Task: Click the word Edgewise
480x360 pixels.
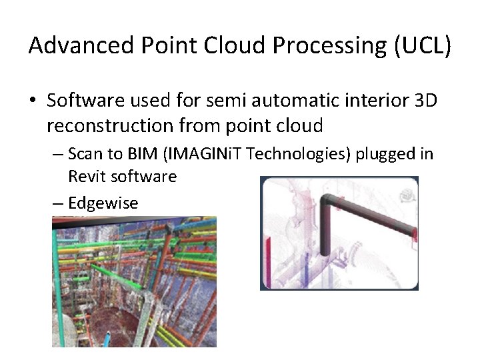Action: pyautogui.click(x=103, y=203)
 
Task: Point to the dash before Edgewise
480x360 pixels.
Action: pyautogui.click(x=58, y=203)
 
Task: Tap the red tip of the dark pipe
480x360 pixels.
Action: pyautogui.click(x=413, y=233)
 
